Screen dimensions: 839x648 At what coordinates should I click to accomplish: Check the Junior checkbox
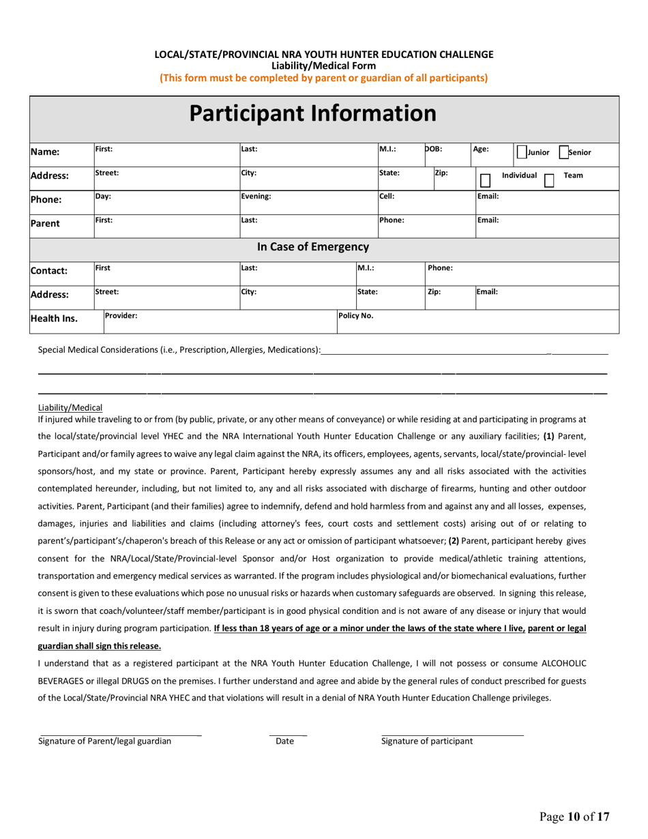pyautogui.click(x=521, y=153)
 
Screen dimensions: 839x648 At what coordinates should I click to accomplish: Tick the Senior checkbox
pyautogui.click(x=563, y=153)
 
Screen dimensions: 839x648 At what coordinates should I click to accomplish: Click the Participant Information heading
pyautogui.click(x=312, y=113)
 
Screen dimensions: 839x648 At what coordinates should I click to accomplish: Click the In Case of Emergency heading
pyautogui.click(x=312, y=247)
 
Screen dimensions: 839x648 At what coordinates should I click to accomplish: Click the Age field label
pyautogui.click(x=481, y=148)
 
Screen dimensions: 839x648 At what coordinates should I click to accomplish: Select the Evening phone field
pyautogui.click(x=307, y=201)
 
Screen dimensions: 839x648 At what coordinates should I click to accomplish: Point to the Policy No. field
pyautogui.click(x=477, y=321)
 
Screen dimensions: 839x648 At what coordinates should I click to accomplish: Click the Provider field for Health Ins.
pyautogui.click(x=218, y=321)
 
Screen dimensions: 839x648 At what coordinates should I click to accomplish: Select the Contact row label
pyautogui.click(x=48, y=271)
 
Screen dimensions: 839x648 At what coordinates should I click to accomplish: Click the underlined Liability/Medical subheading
pyautogui.click(x=70, y=407)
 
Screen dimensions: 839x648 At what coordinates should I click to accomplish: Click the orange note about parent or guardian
pyautogui.click(x=323, y=78)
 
